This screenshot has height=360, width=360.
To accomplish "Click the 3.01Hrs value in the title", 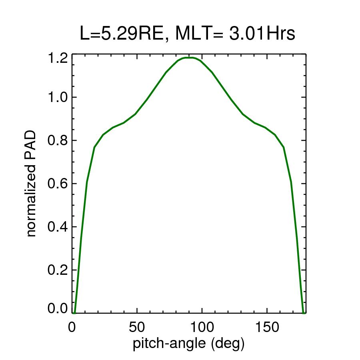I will (x=262, y=34).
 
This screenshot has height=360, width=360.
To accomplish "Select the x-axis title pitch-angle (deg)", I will (x=188, y=343).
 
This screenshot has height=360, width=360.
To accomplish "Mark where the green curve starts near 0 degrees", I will (x=74, y=312).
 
